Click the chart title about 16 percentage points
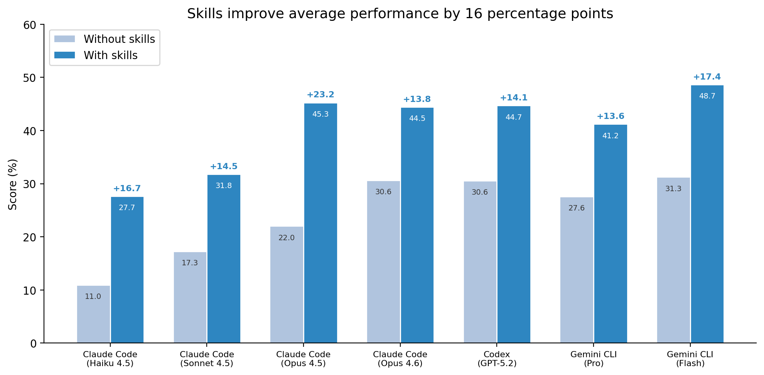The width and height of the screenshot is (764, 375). click(x=400, y=14)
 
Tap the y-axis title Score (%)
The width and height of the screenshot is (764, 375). click(x=13, y=184)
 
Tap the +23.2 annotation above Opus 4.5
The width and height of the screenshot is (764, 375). click(x=320, y=95)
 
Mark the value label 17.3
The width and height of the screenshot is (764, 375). click(x=189, y=263)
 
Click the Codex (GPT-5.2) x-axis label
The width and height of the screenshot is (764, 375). click(x=497, y=359)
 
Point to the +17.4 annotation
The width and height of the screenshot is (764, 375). click(x=707, y=77)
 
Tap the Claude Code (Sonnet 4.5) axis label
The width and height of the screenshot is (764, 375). click(x=207, y=359)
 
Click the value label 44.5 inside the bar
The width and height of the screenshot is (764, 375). click(x=417, y=119)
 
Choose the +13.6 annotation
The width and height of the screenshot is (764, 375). click(x=610, y=116)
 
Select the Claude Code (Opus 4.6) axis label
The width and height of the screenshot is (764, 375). click(x=400, y=359)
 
